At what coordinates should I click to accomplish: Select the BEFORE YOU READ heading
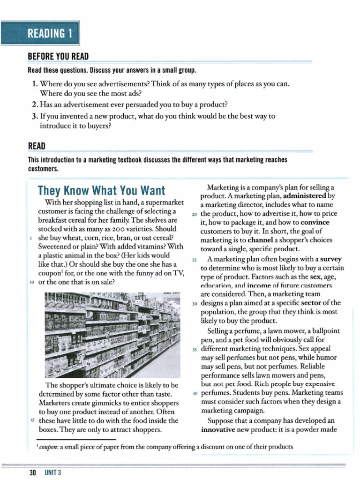point(58,57)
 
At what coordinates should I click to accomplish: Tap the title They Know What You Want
point(101,190)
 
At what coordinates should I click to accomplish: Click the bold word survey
point(331,259)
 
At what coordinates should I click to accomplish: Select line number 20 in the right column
point(195,214)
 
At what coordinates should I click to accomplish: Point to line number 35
point(195,349)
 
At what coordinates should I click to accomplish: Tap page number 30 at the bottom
point(32,472)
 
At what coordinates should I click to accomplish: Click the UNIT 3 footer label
point(53,472)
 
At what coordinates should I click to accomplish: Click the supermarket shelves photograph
point(112,335)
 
